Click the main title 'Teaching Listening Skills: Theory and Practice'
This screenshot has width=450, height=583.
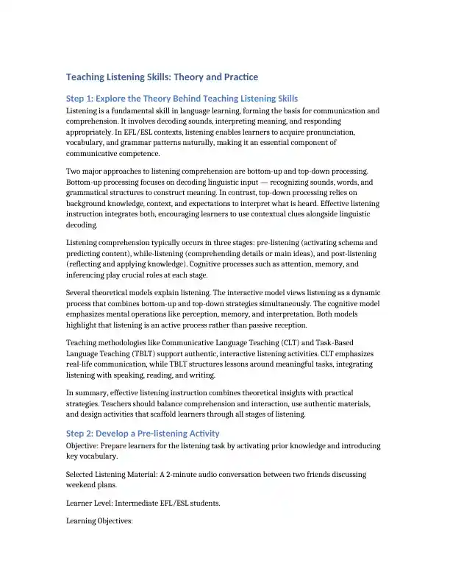tap(162, 77)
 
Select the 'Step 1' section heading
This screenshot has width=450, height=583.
tap(182, 99)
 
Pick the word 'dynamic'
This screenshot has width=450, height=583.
tap(360, 293)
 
